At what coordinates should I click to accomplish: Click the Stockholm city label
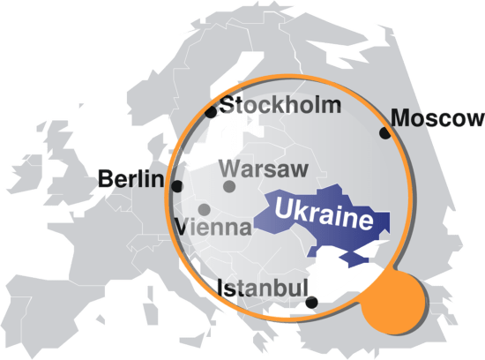(x=280, y=107)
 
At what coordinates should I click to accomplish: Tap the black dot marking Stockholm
(x=210, y=112)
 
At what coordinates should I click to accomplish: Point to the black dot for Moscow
(x=384, y=133)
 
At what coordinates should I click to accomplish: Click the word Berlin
(x=131, y=180)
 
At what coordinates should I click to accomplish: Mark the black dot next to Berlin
(x=177, y=187)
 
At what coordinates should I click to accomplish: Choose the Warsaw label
(x=262, y=168)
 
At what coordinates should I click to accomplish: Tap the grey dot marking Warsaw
(x=229, y=186)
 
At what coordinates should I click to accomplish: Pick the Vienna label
(x=214, y=227)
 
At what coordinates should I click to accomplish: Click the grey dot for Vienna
(x=205, y=209)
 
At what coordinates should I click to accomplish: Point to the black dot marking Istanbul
(x=310, y=303)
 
